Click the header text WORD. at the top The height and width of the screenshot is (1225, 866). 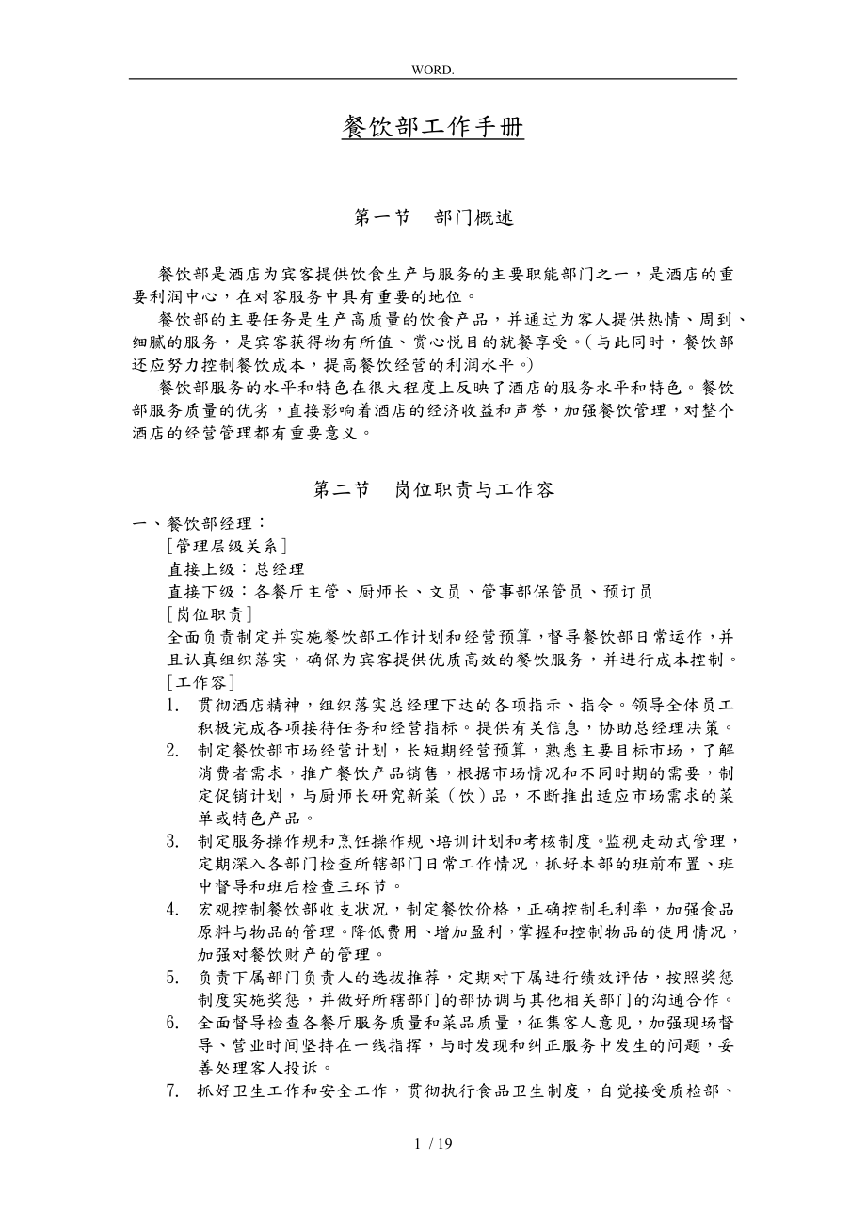pos(432,70)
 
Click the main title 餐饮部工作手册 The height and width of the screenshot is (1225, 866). pos(432,127)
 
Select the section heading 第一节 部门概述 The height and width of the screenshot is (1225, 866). pos(432,217)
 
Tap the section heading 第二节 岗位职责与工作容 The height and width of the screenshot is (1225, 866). pos(432,489)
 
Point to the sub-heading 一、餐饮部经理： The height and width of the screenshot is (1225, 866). pos(200,523)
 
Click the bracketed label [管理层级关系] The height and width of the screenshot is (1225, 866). pos(226,546)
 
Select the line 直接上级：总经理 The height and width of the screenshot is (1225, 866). pos(235,568)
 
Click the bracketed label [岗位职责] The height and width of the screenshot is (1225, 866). pos(208,614)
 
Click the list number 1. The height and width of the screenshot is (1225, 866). pos(172,705)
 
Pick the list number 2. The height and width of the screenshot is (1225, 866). pos(172,750)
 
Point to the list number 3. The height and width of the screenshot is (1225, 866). pos(172,840)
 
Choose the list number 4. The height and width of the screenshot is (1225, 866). pos(172,909)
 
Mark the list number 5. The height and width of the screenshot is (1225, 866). pos(172,977)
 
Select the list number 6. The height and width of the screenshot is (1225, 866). pos(172,1022)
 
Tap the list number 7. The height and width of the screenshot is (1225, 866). pos(172,1090)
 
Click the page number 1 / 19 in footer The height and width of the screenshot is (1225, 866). pos(432,1144)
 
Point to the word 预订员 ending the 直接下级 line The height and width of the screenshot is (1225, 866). pos(626,592)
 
